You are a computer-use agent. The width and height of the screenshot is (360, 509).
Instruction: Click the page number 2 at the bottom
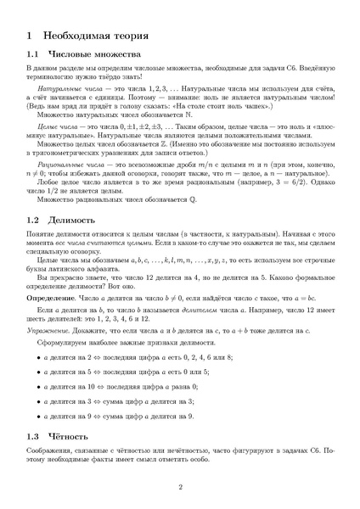(x=180, y=487)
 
